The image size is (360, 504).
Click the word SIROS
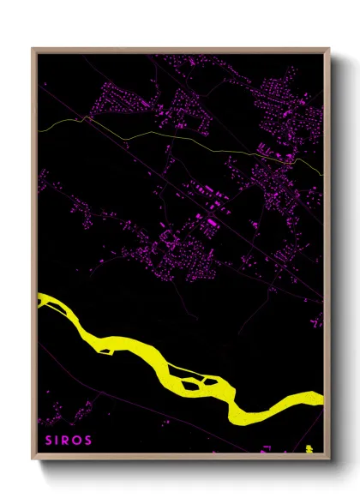[69, 441]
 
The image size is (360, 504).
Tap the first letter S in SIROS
[48, 441]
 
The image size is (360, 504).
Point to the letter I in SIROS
[58, 441]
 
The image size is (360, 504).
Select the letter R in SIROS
[68, 441]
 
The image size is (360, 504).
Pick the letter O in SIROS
[79, 441]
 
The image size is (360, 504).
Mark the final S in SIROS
[89, 441]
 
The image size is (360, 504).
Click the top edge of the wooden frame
[180, 50]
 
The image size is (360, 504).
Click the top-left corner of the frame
[34, 50]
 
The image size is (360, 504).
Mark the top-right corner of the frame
[327, 50]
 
